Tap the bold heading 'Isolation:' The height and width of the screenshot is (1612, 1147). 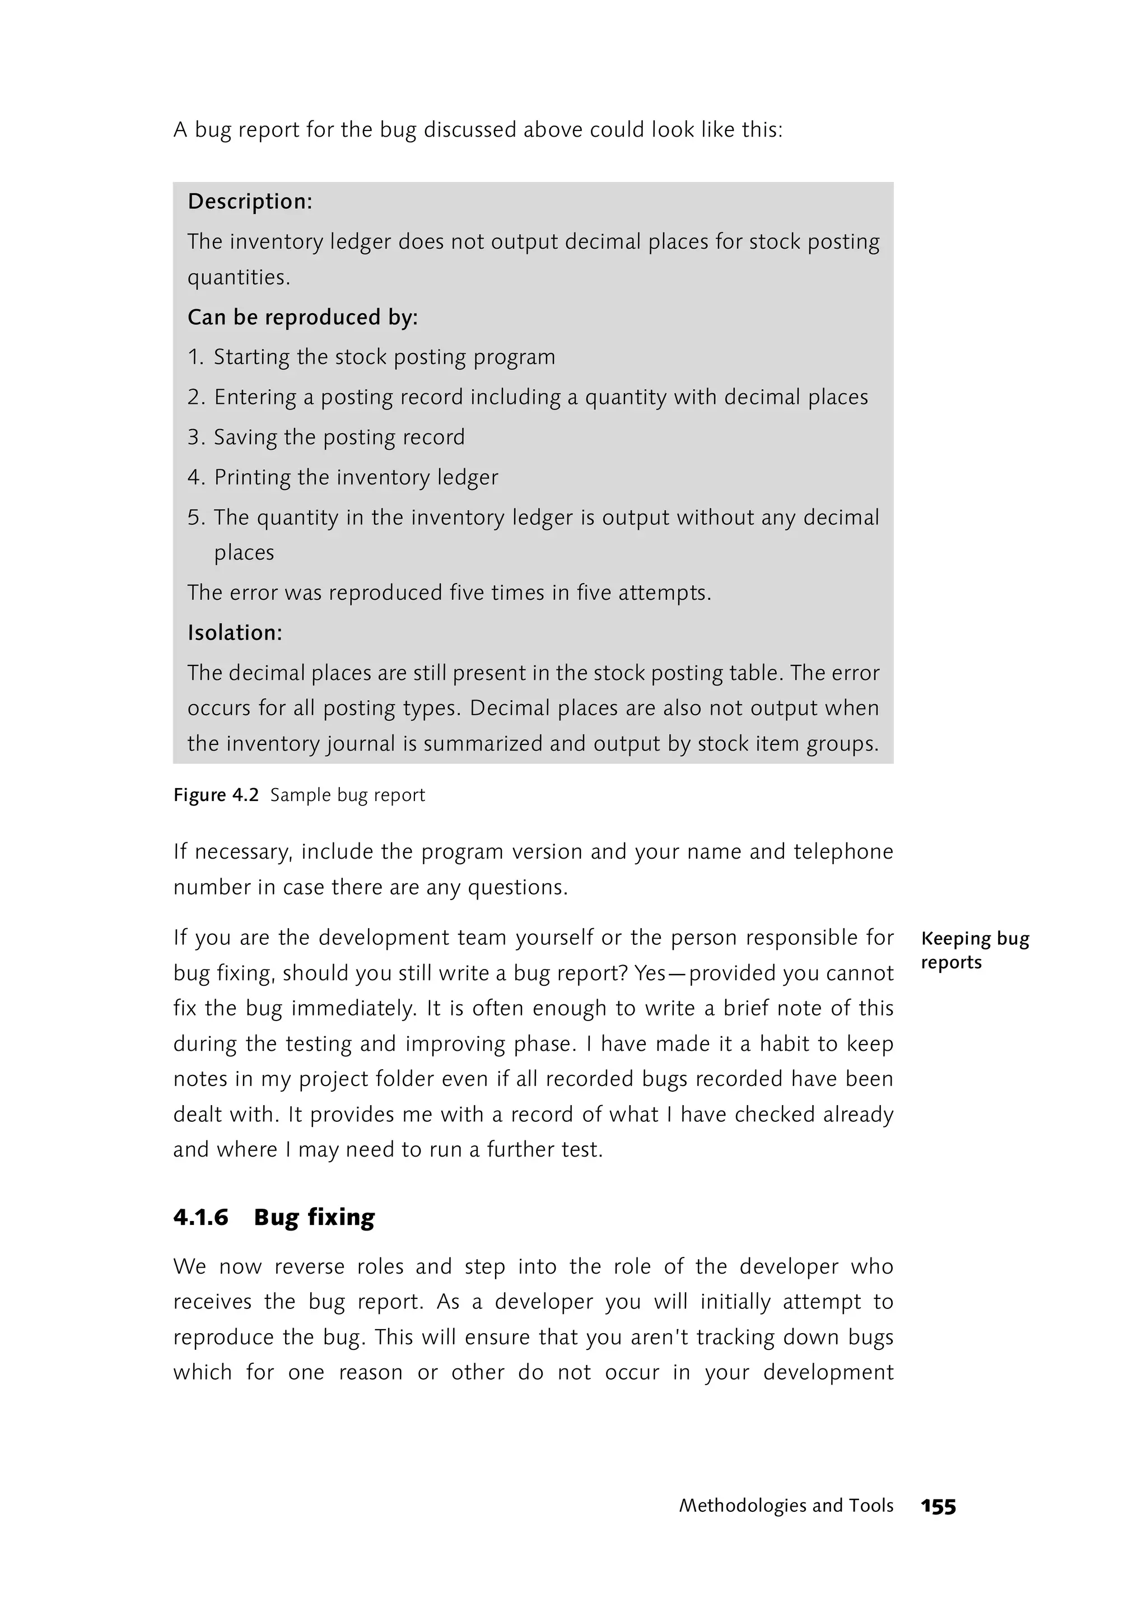pos(235,632)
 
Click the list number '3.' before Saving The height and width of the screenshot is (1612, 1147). pos(195,437)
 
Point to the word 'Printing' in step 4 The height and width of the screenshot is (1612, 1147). pos(252,478)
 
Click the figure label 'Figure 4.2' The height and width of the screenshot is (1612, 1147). pos(216,795)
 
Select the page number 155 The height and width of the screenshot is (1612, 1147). pos(938,1507)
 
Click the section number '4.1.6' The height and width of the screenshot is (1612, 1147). pos(201,1217)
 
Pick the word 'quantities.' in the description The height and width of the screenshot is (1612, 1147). pos(239,278)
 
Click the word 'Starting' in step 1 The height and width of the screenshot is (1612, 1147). pos(251,357)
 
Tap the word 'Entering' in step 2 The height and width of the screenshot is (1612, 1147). pos(255,397)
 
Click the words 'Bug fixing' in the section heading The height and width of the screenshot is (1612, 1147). pos(314,1217)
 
